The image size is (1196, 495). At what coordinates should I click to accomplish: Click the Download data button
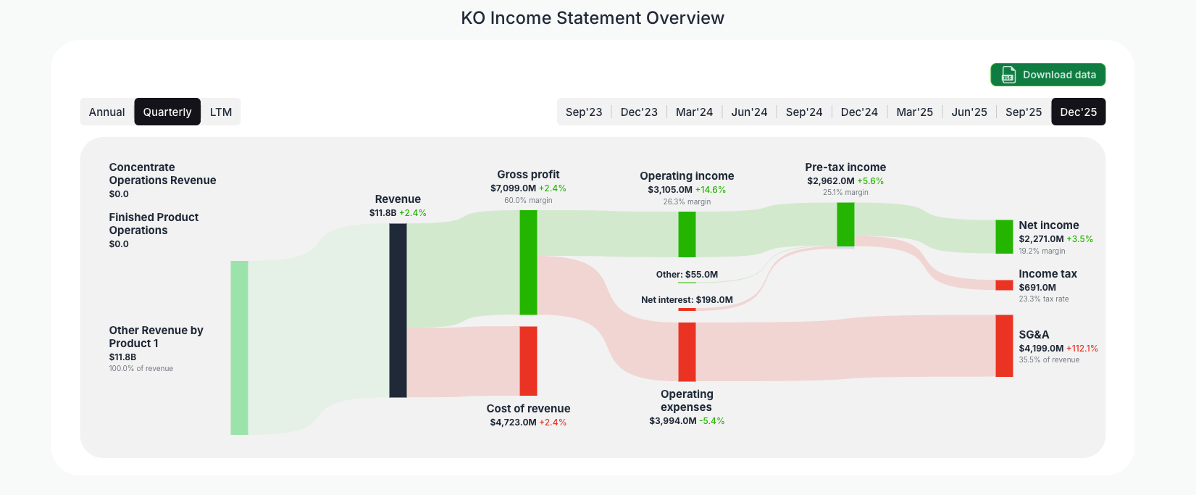point(1047,75)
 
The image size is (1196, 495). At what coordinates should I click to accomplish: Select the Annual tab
point(107,112)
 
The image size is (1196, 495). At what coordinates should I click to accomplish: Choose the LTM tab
point(221,112)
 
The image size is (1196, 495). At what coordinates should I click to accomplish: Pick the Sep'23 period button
point(584,112)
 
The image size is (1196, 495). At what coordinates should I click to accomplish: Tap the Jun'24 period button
point(749,112)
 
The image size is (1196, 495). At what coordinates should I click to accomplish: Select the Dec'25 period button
point(1078,112)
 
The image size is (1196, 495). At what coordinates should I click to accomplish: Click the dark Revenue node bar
point(398,310)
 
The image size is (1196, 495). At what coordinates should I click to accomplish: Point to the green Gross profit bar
point(528,262)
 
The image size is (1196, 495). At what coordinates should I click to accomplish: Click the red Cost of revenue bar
point(528,360)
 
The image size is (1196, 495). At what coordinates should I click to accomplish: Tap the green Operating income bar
point(687,234)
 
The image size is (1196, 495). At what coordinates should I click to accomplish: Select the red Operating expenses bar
point(687,352)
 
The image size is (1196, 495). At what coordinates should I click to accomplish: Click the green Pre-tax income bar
point(845,225)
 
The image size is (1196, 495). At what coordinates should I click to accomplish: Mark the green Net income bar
point(1004,236)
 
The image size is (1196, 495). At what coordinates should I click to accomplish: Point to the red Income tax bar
point(1004,285)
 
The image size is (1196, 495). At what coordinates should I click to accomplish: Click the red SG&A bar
point(1004,346)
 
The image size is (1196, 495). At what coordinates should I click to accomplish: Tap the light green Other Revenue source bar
point(239,348)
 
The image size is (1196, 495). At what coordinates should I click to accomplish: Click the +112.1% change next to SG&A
point(1082,349)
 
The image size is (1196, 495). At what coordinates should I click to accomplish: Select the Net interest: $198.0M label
point(687,300)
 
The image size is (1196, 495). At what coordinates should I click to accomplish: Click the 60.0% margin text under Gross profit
point(528,201)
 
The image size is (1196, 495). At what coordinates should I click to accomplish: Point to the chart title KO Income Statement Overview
point(593,18)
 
